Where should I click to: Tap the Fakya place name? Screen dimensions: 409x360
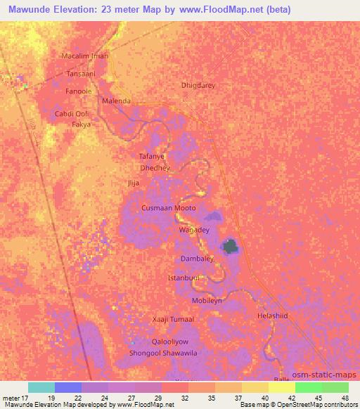(82, 124)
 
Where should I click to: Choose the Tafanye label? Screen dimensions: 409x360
(151, 157)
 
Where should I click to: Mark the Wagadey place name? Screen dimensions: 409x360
(194, 230)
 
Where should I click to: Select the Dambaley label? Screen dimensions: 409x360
(196, 259)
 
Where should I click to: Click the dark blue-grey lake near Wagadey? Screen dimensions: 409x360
(230, 246)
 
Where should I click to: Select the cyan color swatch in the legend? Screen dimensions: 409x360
(41, 387)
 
